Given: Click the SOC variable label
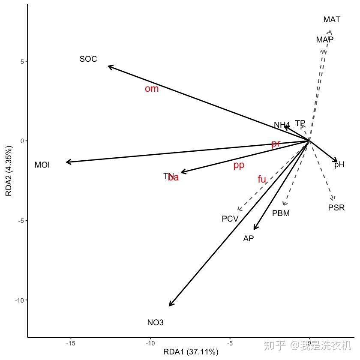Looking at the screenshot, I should [x=88, y=59].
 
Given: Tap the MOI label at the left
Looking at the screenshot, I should [x=42, y=165].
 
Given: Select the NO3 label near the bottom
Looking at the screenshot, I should [x=155, y=323].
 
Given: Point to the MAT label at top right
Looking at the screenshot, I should [x=332, y=20].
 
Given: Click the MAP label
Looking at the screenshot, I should [x=325, y=40].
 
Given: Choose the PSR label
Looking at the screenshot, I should [x=336, y=208].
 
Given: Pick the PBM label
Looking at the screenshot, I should [x=281, y=213].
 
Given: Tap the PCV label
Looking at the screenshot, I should [x=230, y=219].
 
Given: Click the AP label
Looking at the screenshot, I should [x=249, y=239].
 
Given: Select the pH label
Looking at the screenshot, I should [x=339, y=165].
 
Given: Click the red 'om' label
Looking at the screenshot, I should [x=152, y=89].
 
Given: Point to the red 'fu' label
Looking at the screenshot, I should [x=262, y=180].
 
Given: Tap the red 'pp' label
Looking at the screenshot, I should [x=239, y=165].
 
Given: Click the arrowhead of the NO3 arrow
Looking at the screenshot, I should [x=170, y=306].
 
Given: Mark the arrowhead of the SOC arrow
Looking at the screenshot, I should [x=109, y=66].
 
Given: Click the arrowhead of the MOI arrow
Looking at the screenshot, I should [x=67, y=162].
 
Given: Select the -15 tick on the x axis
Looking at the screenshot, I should [x=71, y=343].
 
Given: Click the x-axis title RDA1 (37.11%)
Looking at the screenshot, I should [x=191, y=352].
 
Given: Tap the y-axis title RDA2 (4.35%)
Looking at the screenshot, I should [x=9, y=171].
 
